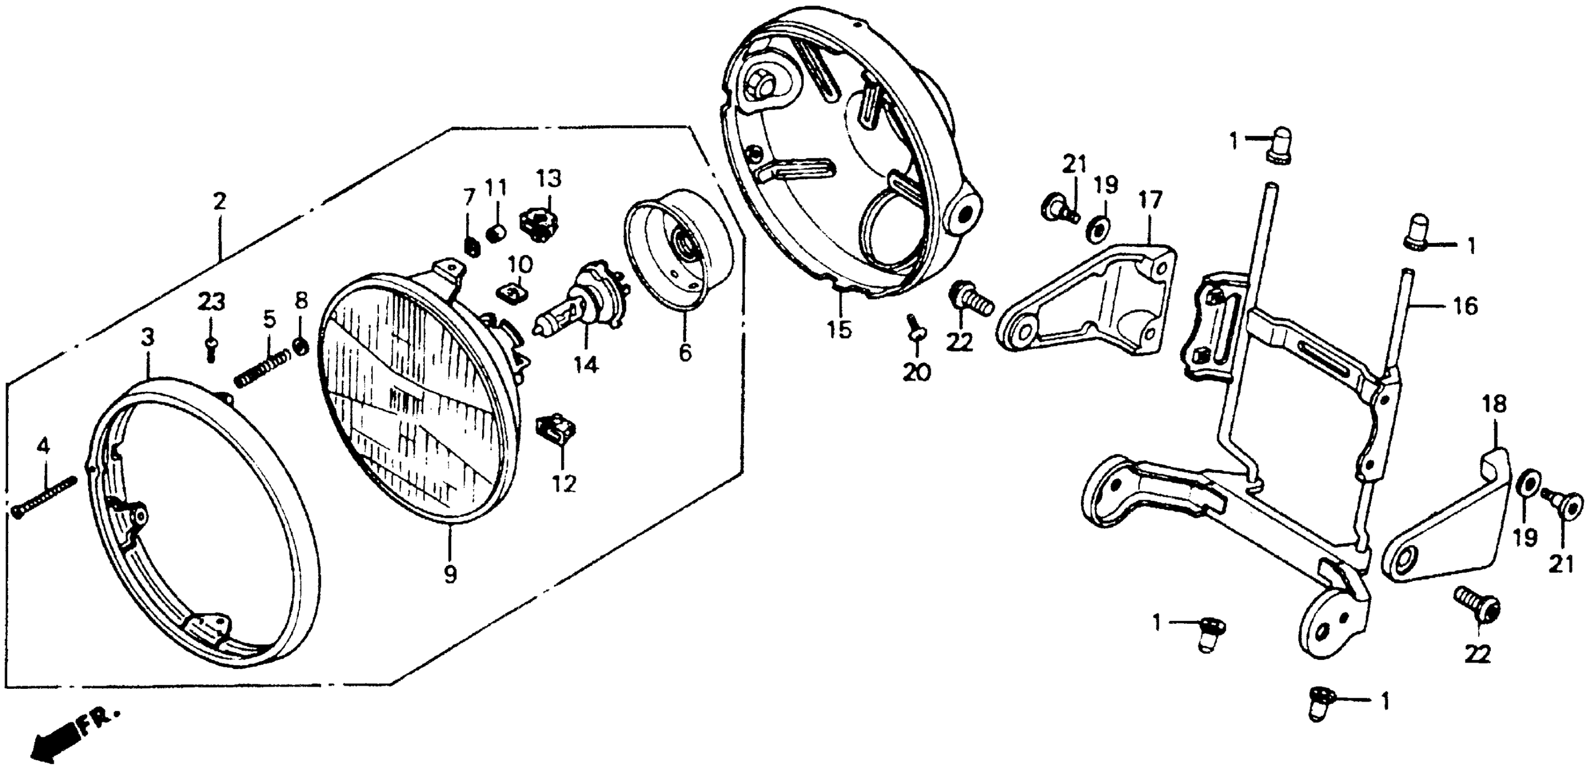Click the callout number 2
(220, 202)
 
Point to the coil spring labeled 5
(262, 369)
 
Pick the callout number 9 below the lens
(450, 575)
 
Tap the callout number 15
(840, 329)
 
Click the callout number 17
(1151, 200)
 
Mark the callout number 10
(520, 266)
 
